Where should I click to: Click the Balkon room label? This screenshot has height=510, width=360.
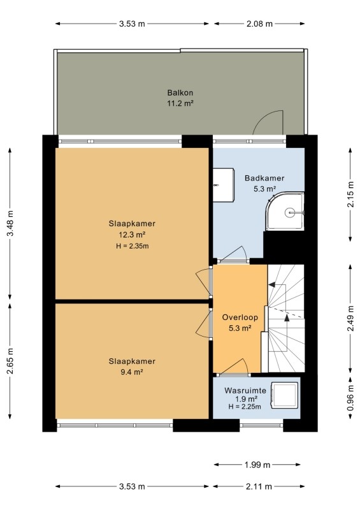[x=180, y=92]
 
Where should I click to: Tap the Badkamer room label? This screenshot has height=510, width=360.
[x=264, y=178]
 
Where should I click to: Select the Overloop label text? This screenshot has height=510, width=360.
[x=240, y=317]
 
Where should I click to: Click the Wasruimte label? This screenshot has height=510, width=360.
[x=245, y=390]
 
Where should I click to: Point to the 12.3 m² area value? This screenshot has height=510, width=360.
[x=132, y=235]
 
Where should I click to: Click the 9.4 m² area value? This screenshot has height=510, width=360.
[x=132, y=372]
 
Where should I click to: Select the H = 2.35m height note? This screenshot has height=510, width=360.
[x=133, y=246]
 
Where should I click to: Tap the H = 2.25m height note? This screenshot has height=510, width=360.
[x=245, y=407]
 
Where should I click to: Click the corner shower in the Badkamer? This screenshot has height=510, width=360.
[x=285, y=212]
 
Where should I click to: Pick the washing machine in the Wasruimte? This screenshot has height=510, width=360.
[x=285, y=395]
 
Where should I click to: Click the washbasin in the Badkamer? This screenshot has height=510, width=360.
[x=224, y=185]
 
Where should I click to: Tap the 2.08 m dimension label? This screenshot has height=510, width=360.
[x=259, y=24]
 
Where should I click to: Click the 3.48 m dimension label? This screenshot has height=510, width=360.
[x=10, y=224]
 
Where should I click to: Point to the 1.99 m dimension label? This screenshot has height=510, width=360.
[x=257, y=465]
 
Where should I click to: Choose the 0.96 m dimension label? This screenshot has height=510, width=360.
[x=350, y=398]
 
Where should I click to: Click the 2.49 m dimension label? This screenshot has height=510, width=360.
[x=350, y=318]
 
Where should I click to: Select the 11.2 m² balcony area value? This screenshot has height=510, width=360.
[x=180, y=104]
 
